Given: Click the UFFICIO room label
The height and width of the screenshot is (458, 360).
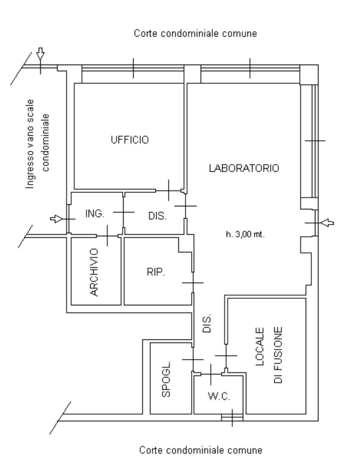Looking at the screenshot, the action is point(130,140).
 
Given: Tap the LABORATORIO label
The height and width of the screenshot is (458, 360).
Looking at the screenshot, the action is point(244,168).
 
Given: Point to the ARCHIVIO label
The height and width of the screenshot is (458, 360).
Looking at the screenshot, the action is point(94,272).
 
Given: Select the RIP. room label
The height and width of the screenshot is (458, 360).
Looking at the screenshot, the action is point(156,272).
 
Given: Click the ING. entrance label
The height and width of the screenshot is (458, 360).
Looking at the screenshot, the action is point(95,213).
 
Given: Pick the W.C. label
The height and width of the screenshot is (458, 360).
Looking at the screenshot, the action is point(219,396).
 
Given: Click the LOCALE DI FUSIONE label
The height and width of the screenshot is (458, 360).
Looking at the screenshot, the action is point(269,355).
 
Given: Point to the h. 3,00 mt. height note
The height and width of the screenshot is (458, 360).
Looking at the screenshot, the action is point(245,234).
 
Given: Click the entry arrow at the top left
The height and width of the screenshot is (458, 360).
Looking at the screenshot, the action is point(40,53).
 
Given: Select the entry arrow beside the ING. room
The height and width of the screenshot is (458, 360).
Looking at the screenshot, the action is point(56,219).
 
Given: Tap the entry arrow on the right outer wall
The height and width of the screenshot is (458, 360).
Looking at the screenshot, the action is point(327,223).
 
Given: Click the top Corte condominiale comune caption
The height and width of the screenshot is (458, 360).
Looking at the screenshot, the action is point(195,34).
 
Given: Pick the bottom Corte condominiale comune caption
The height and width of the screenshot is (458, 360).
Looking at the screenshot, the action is point(201,450).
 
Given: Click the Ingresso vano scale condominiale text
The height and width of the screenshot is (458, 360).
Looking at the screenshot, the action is point(37,144).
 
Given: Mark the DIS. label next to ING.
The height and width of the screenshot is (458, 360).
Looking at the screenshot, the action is point(157,216).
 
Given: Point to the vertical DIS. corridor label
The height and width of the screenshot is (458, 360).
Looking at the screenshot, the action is point(207,323).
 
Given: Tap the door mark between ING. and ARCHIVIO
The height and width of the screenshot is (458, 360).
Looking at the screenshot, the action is point(107,236).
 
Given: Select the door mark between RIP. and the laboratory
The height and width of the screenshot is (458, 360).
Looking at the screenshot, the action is point(193,283).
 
